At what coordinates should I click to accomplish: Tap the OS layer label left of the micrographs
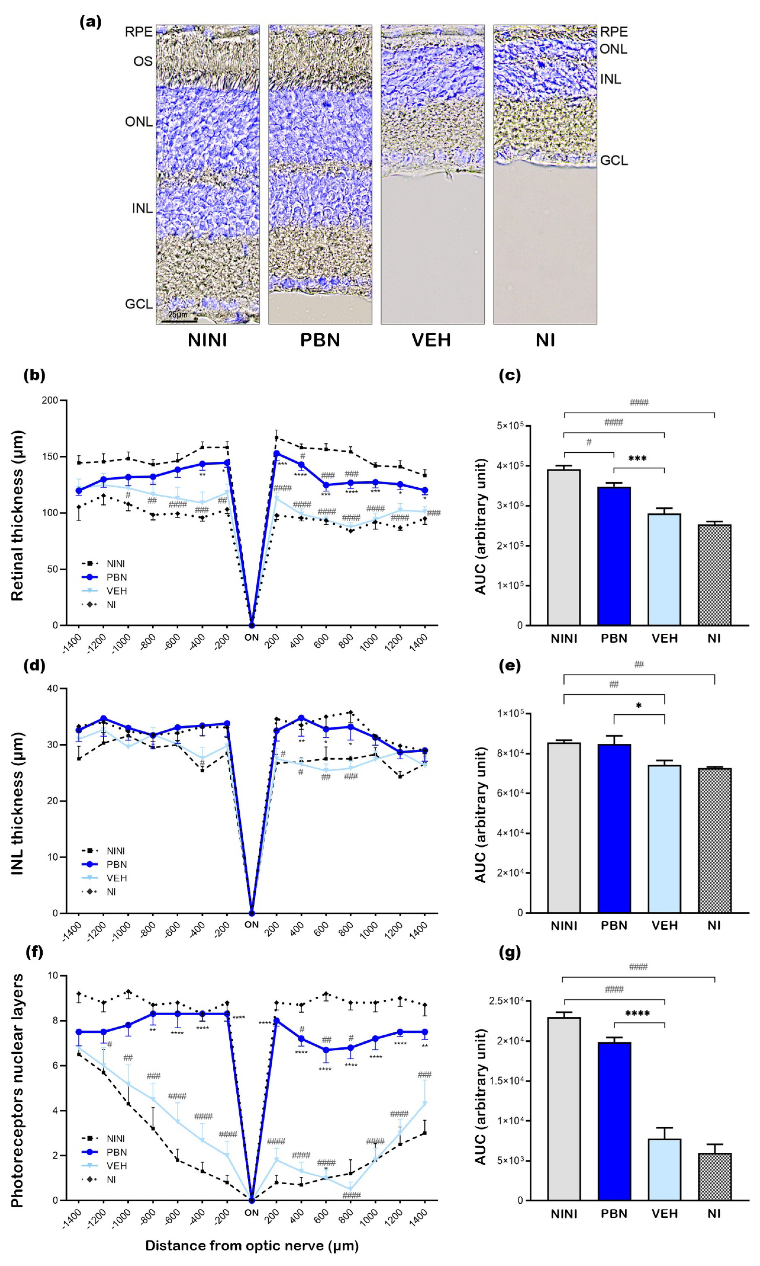click(143, 62)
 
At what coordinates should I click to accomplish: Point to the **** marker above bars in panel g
click(638, 1014)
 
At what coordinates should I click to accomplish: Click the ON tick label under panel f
click(252, 1213)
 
